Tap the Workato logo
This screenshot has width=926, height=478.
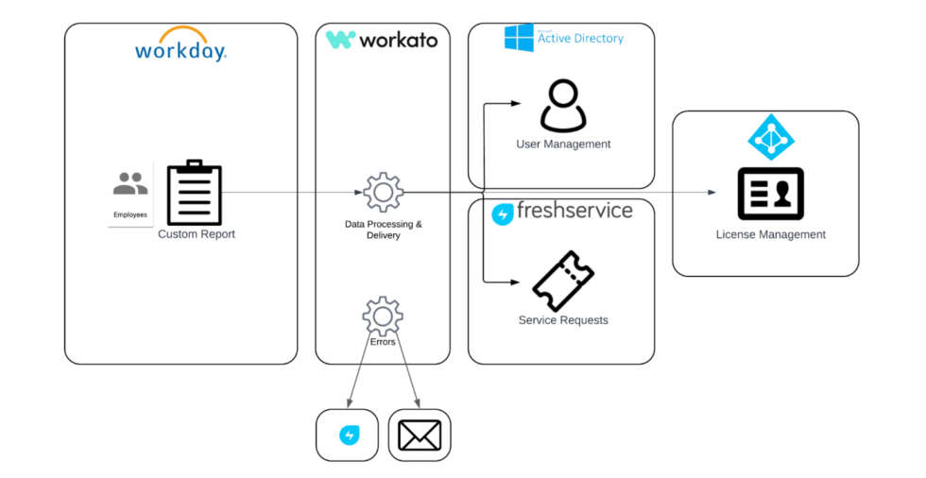382,40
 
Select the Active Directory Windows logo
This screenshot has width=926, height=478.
519,38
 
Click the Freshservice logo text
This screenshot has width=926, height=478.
562,212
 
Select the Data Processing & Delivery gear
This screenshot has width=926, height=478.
384,193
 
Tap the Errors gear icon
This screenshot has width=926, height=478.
383,316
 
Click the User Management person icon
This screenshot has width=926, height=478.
563,106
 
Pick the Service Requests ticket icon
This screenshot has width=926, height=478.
563,281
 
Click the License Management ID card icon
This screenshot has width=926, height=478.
770,194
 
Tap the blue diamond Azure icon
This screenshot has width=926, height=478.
771,138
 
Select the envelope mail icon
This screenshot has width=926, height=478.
420,435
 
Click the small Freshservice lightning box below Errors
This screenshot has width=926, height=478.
348,435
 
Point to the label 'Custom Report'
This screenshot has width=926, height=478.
197,234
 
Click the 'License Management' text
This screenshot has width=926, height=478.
770,234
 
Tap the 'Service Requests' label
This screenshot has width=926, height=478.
563,320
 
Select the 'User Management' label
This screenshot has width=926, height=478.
563,145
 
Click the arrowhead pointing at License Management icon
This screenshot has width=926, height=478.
712,193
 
